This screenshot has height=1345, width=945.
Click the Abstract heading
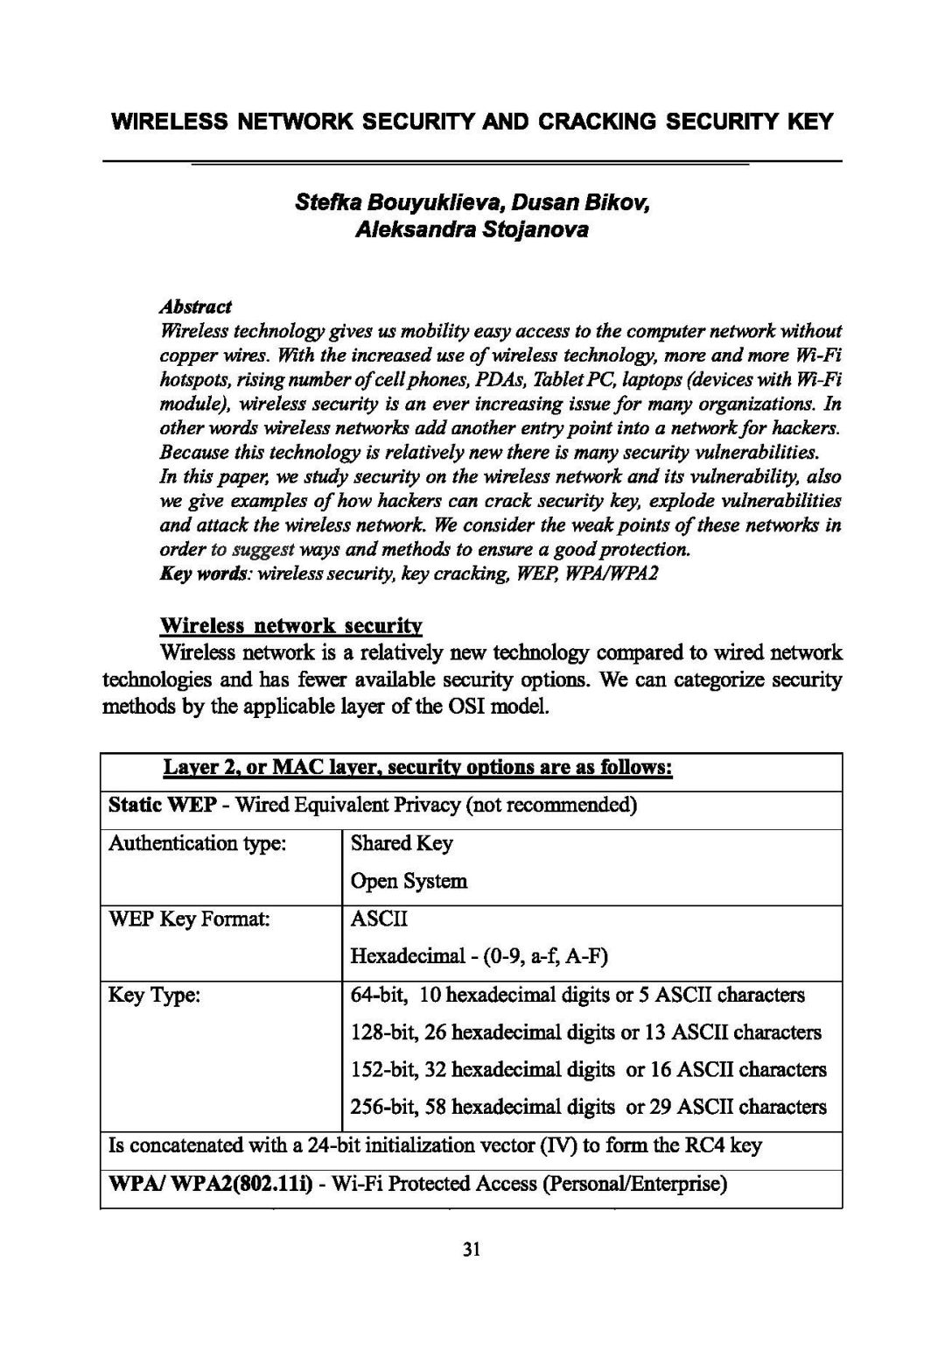(195, 306)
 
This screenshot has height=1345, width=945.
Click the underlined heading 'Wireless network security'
(291, 626)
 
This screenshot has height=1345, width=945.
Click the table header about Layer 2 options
(417, 768)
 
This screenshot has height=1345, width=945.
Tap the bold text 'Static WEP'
(162, 805)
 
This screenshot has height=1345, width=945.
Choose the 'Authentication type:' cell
(198, 843)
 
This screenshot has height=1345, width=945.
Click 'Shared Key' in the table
(402, 843)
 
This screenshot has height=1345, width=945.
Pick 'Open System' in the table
(409, 881)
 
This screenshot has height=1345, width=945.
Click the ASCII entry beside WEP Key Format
(379, 919)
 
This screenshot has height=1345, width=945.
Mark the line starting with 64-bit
(577, 995)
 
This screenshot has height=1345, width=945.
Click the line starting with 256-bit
(588, 1107)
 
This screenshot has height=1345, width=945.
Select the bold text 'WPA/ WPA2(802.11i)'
(210, 1185)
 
